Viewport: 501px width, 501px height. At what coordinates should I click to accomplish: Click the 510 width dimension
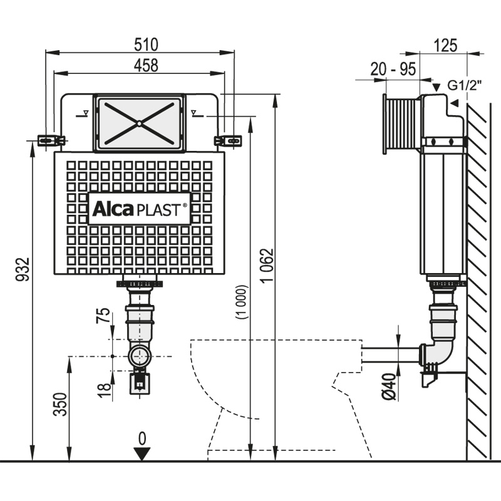[145, 44]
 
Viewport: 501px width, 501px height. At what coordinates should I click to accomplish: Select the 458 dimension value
[145, 65]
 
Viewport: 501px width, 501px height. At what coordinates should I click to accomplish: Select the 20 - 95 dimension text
[393, 70]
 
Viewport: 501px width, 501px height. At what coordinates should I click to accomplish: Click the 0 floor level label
[142, 438]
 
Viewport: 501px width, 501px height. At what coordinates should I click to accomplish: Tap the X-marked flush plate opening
[138, 123]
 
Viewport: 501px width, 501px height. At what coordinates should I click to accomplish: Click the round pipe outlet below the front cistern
[138, 357]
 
